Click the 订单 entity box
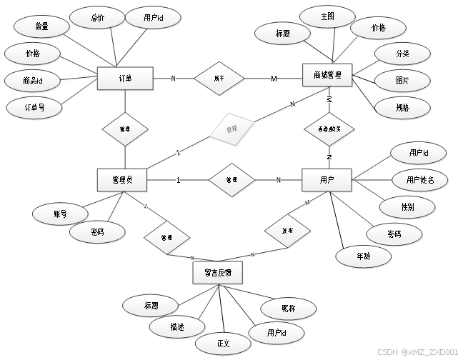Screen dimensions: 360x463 pos(126,79)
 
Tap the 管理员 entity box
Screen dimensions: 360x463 pos(121,180)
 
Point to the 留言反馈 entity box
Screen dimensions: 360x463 pos(217,273)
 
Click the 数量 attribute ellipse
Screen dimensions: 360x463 pos(41,26)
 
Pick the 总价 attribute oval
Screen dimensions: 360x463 pos(98,19)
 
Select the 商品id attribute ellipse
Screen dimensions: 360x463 pos(32,81)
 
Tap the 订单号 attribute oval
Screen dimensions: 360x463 pos(34,108)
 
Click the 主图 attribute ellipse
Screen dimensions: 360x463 pos(327,16)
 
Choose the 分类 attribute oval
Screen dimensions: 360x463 pos(402,54)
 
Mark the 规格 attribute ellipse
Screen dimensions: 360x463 pos(402,107)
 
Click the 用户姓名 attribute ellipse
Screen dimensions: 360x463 pos(419,179)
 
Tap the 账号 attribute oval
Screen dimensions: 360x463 pos(60,214)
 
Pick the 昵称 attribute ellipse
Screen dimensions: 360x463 pos(289,308)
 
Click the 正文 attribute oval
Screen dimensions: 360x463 pos(224,344)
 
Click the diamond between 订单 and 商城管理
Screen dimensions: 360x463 pos(219,78)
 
